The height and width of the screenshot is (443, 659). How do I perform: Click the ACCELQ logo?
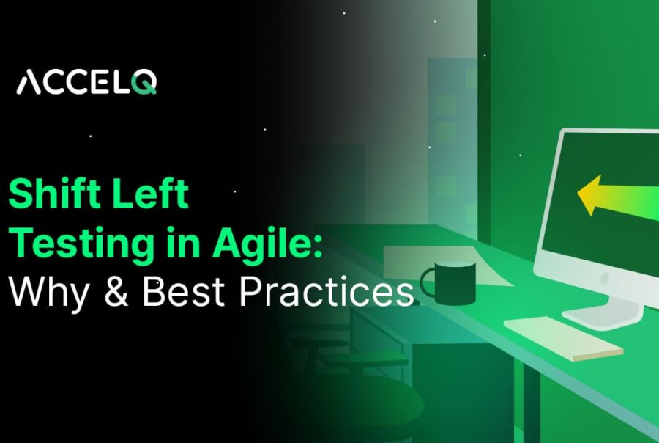point(86,81)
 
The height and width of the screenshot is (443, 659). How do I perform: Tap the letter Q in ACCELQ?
point(145,81)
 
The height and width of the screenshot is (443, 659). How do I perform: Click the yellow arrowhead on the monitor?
point(592,194)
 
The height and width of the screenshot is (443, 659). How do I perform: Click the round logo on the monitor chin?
point(604,279)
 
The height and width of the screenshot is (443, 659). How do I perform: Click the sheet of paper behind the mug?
point(432,260)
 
